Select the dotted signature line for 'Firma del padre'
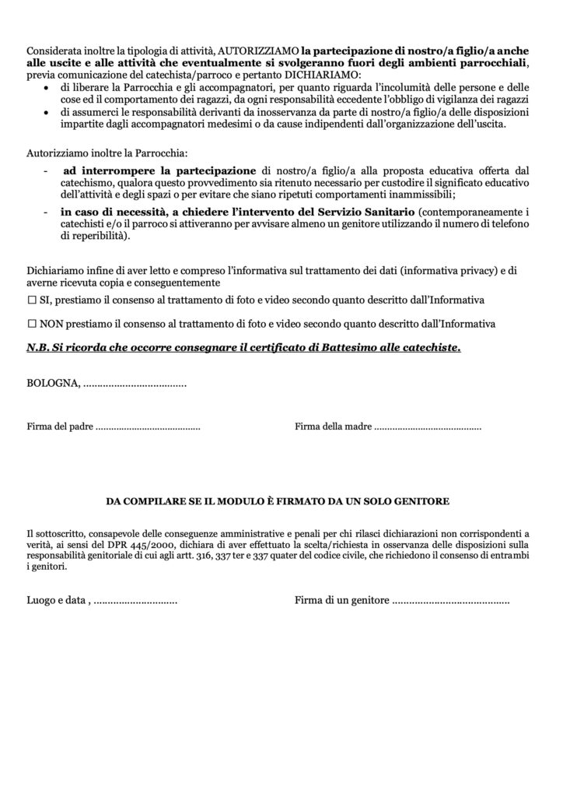(x=148, y=427)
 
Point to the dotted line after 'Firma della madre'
(x=428, y=427)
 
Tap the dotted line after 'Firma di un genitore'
(x=450, y=602)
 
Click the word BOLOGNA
(x=51, y=384)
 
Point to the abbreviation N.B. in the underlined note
(x=39, y=347)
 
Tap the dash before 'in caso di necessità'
(x=48, y=212)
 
